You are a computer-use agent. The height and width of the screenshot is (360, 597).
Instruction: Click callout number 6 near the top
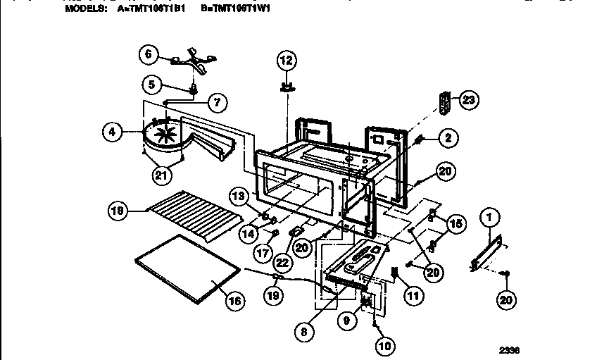(148, 54)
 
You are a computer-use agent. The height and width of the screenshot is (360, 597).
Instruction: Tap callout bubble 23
(468, 101)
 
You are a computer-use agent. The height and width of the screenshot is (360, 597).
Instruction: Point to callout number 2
(445, 137)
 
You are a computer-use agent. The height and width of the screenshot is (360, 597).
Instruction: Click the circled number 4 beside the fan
(111, 131)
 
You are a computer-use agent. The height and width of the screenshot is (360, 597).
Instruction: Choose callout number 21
(162, 175)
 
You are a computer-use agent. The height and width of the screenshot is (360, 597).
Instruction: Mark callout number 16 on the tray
(234, 300)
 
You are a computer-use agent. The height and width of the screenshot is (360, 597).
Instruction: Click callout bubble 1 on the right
(488, 220)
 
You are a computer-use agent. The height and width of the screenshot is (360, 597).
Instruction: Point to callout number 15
(455, 224)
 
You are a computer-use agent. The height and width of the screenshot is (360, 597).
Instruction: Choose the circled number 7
(217, 102)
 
